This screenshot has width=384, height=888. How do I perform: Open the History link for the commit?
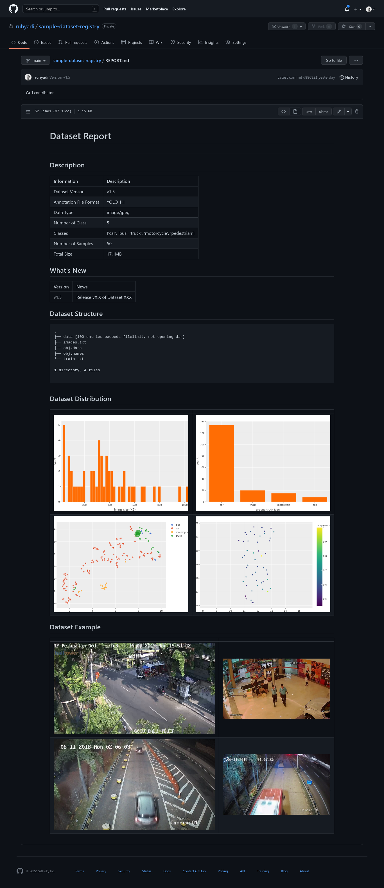(x=349, y=78)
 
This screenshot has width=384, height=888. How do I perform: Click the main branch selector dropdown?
(x=36, y=61)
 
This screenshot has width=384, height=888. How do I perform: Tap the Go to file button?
(x=333, y=61)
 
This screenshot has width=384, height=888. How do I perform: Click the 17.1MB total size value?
(x=114, y=254)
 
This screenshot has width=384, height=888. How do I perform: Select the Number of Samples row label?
(x=73, y=244)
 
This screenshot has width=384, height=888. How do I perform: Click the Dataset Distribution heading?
(x=80, y=399)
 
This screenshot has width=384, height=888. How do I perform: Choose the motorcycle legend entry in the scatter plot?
(x=182, y=532)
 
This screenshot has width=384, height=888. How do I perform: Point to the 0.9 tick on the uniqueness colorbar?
(x=325, y=541)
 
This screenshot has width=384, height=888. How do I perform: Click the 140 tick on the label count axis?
(x=202, y=422)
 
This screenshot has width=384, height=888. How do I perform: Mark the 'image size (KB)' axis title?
(x=125, y=509)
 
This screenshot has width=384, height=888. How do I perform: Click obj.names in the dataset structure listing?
(x=73, y=354)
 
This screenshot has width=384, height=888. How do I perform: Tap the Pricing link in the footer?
(x=223, y=871)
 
